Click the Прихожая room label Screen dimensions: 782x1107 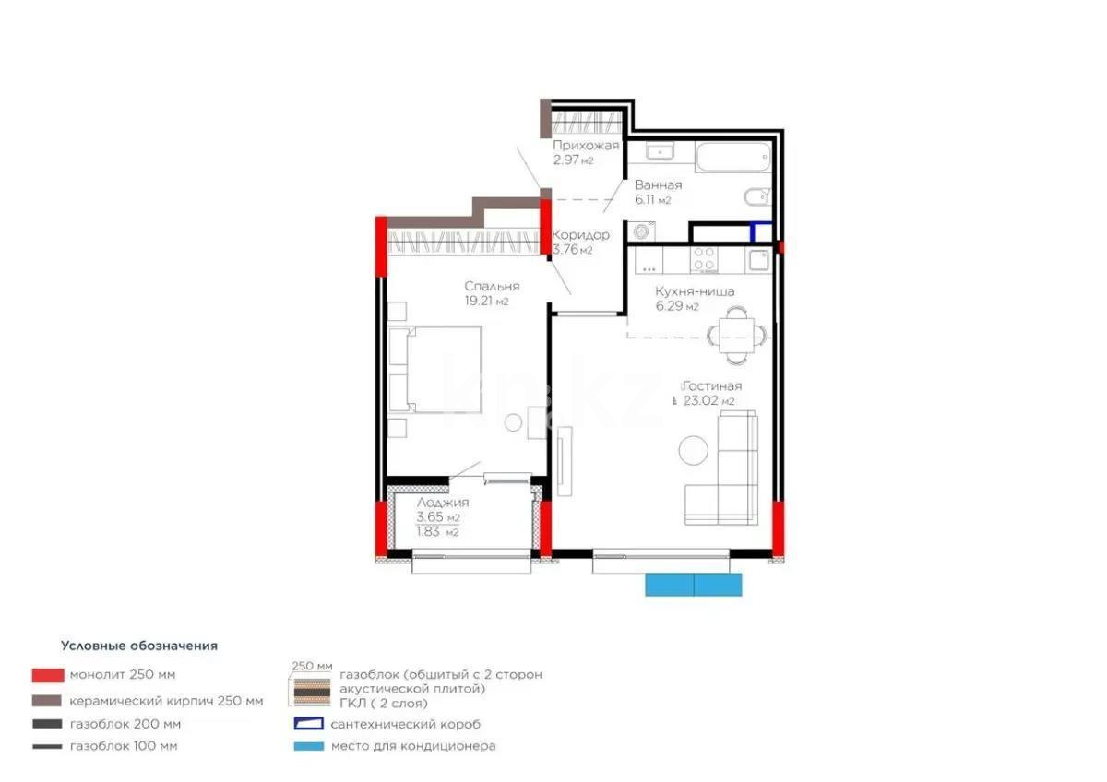[586, 146]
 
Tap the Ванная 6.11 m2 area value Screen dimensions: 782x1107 [652, 200]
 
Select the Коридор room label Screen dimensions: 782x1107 [580, 235]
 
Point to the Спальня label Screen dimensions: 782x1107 [492, 286]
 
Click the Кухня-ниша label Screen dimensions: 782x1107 [682, 291]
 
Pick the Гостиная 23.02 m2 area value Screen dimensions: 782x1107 [708, 401]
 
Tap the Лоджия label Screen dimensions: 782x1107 [443, 503]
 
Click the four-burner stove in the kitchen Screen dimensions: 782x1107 [706, 260]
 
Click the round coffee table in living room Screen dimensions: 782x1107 [694, 451]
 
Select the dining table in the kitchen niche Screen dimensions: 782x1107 [735, 332]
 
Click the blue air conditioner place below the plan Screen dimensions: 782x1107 [693, 584]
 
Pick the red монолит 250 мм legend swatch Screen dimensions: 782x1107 [47, 674]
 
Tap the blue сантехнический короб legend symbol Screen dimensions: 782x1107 [308, 724]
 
